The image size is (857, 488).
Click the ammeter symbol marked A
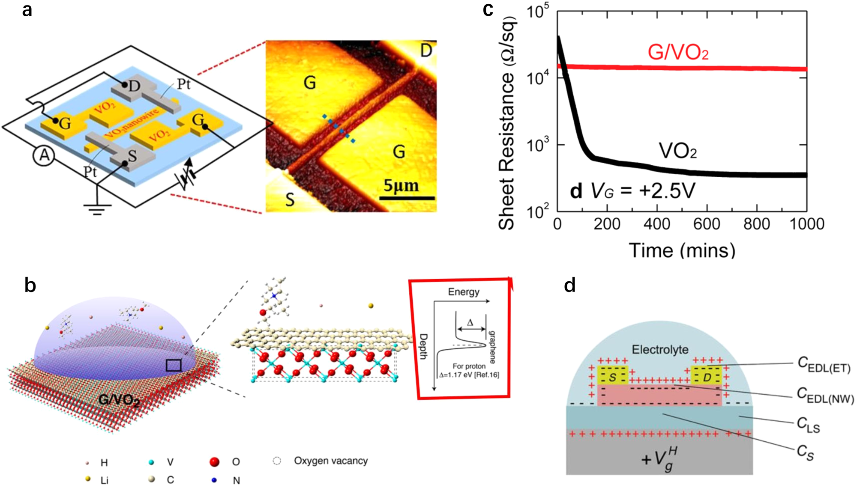[x=44, y=155]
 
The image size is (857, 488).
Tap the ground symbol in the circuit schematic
[x=97, y=209]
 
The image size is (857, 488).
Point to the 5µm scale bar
[x=407, y=198]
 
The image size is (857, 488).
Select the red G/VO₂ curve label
[x=678, y=53]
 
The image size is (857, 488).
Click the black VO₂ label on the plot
[x=677, y=151]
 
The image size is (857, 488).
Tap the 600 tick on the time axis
[x=707, y=224]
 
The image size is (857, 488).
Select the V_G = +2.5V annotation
[x=643, y=191]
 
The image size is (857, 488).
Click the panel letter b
[x=30, y=286]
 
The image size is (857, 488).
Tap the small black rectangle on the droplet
[x=174, y=365]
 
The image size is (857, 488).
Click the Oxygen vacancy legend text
[x=331, y=461]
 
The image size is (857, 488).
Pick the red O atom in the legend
[x=214, y=462]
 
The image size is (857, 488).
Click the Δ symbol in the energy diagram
[x=470, y=323]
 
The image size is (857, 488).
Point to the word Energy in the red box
[x=464, y=292]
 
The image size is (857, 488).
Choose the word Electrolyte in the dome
[x=660, y=350]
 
